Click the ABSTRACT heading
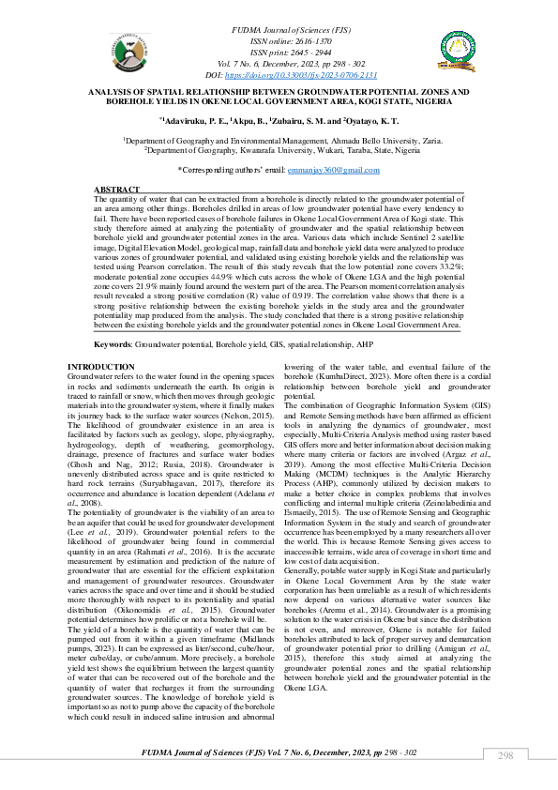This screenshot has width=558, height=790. pyautogui.click(x=117, y=190)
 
